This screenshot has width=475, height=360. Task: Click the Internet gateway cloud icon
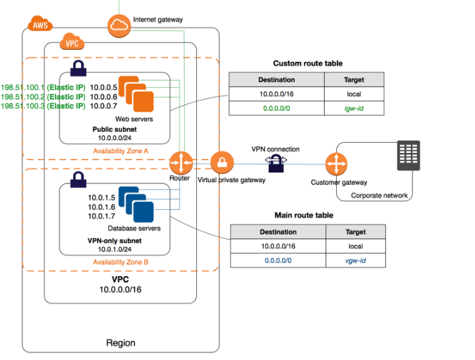118,26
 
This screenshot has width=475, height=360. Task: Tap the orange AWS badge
41,26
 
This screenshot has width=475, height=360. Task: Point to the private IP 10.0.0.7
105,106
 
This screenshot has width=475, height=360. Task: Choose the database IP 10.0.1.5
102,198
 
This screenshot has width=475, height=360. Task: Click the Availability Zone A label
121,150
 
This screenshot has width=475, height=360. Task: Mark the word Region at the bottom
120,343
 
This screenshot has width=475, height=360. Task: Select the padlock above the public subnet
78,68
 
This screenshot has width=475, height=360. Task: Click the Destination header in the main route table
278,232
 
